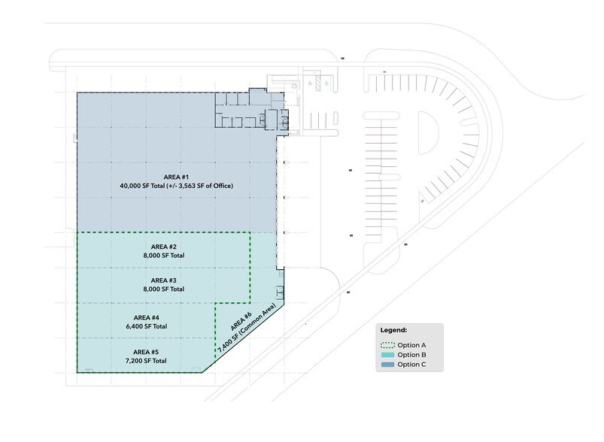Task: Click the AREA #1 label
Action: pos(176,177)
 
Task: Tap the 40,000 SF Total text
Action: pos(142,186)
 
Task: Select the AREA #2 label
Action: pos(164,247)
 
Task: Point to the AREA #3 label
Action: pos(164,280)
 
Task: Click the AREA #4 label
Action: pos(147,318)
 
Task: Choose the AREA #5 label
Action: pos(146,352)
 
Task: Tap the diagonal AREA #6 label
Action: pos(241,322)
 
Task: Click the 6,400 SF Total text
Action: pos(147,326)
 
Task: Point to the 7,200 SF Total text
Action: pos(146,361)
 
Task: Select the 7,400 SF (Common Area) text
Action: pos(247,328)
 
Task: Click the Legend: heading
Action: pos(393,330)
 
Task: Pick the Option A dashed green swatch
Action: pos(387,345)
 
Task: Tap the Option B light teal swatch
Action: pos(387,355)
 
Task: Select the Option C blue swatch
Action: pos(387,365)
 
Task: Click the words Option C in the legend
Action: pos(411,365)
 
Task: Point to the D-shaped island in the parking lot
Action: pos(426,133)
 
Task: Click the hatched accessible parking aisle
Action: pos(318,83)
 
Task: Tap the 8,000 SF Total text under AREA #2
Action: pos(164,256)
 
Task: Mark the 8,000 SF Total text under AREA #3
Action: pos(164,289)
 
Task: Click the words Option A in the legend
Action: pos(411,345)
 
